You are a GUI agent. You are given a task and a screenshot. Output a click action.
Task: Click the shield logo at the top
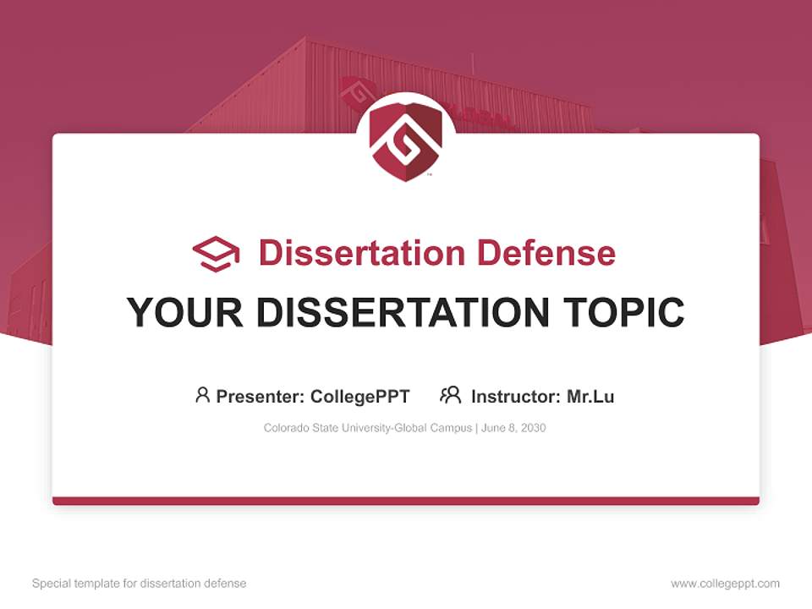point(406,140)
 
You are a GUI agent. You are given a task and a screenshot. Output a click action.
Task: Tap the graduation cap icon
point(216,254)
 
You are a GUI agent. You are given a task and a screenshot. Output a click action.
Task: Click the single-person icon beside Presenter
point(202,395)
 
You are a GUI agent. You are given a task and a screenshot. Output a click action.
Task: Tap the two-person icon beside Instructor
point(451,395)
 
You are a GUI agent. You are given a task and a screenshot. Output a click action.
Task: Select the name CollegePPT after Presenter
point(360,397)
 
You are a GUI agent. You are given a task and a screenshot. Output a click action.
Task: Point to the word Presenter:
point(261,397)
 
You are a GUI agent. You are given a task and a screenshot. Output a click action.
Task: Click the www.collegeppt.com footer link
point(725,584)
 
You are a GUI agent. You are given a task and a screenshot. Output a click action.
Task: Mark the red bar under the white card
point(406,501)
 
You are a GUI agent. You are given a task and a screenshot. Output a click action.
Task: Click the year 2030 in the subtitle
point(533,428)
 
